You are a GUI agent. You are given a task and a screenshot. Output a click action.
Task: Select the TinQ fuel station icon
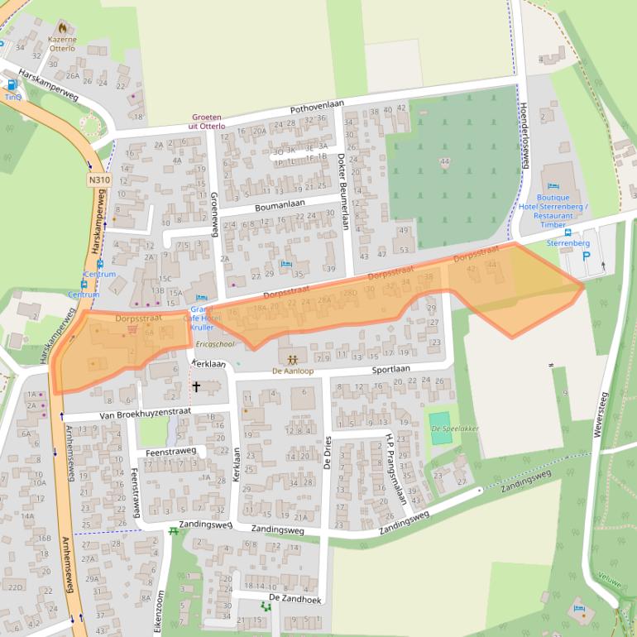pyautogui.click(x=12, y=84)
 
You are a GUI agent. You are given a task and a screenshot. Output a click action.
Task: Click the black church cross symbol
pyautogui.click(x=196, y=386)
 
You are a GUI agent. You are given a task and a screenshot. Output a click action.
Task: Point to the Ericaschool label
pyautogui.click(x=216, y=344)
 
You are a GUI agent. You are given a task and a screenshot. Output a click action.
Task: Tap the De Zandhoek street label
pyautogui.click(x=293, y=597)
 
